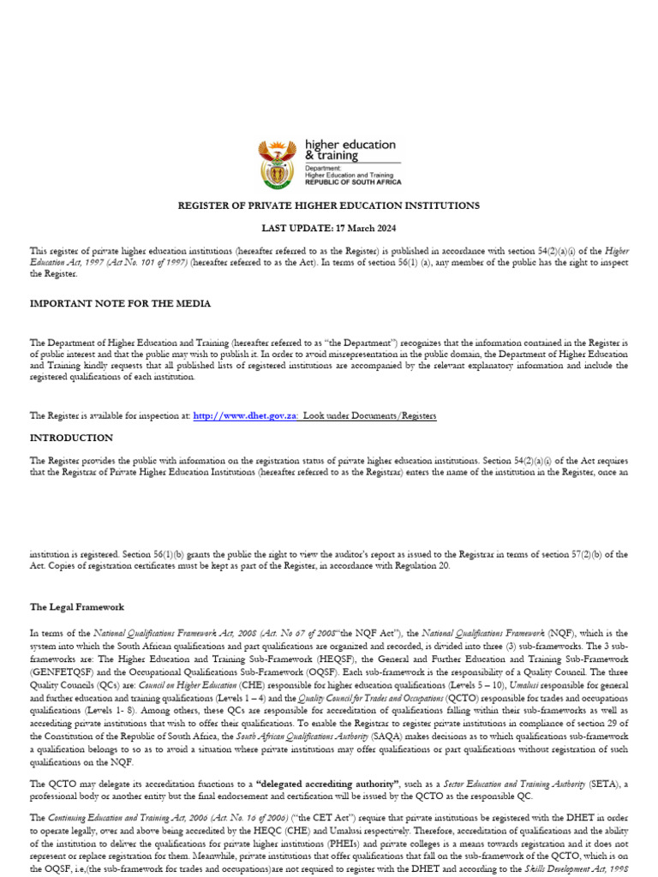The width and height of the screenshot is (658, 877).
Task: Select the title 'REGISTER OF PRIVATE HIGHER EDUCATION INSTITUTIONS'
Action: point(329,206)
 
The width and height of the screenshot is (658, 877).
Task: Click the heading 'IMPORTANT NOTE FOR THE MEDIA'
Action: point(121,303)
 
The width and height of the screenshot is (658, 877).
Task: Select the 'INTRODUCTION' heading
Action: point(71,437)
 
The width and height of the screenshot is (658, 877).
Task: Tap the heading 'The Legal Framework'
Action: point(77,606)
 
